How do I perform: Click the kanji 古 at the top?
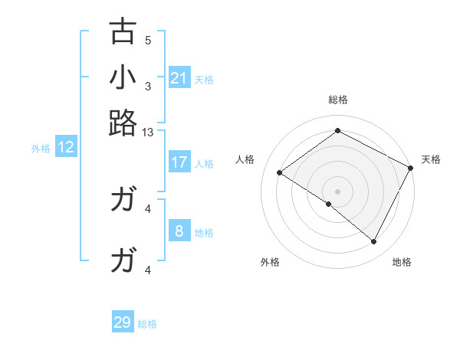point(123,32)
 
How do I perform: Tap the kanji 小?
point(123,77)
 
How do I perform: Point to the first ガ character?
point(123,200)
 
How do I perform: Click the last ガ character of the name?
point(123,261)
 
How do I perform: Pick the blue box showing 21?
point(179,78)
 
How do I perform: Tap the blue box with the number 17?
point(179,162)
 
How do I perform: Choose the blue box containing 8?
point(179,231)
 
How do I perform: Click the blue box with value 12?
point(66,148)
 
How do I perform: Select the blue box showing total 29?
point(123,322)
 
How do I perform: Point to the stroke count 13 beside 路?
point(148,132)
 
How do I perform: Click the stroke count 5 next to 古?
point(148,41)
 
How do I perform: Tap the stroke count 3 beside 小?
point(148,86)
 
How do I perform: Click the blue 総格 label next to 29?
point(147,324)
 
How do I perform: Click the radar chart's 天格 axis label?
point(431,159)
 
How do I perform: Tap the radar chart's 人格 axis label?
point(245,159)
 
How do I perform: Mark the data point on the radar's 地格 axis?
point(374,242)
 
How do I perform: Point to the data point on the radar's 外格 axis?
point(329,204)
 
